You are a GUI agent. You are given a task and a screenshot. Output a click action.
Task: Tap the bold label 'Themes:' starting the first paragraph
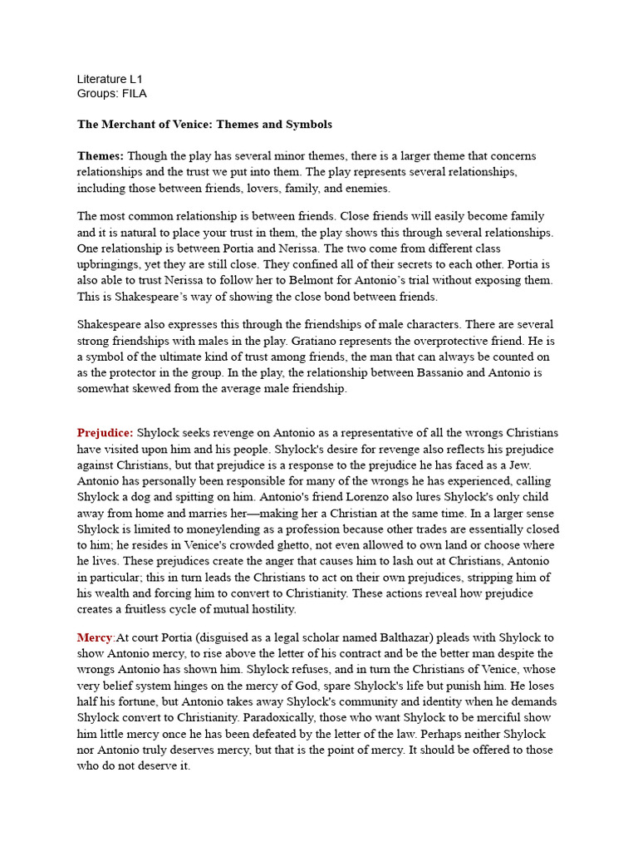[101, 156]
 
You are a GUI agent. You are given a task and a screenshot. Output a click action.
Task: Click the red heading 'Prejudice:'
[106, 433]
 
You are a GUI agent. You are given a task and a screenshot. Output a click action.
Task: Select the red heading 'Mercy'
[95, 637]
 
